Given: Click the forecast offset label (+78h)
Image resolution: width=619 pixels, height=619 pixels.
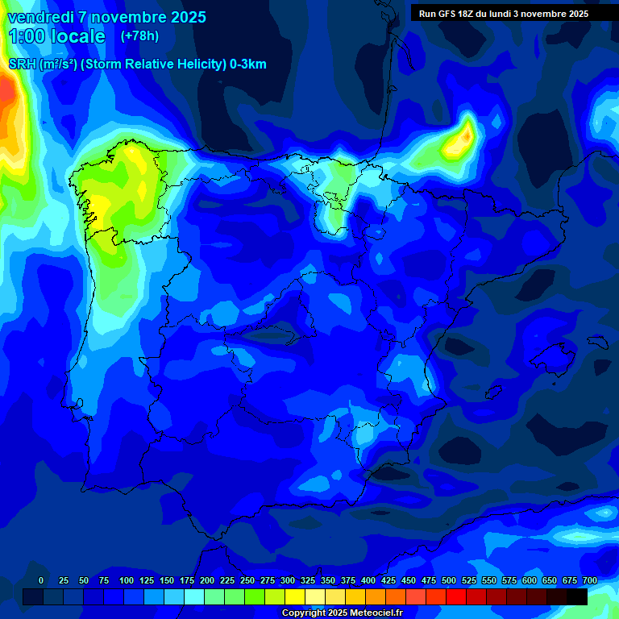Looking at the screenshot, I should pos(139,36).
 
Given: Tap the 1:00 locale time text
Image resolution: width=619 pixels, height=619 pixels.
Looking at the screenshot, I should pos(56,36).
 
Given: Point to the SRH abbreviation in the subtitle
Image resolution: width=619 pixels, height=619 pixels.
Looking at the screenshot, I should pos(21,64).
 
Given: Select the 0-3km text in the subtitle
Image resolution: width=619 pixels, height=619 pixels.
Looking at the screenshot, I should pos(247,64).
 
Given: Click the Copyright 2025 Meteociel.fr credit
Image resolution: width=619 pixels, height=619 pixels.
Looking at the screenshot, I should pos(343,613).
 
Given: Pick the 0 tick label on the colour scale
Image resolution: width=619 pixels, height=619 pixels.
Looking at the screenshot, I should pos(41,580).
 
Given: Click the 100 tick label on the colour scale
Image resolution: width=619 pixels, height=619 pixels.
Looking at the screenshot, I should pos(127,580).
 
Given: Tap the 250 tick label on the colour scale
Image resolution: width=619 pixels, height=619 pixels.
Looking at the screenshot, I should pos(247,580).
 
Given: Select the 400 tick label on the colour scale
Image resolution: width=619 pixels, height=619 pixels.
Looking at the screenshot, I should pos(368,580).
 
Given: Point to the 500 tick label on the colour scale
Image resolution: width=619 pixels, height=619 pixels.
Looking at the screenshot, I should pos(449,580).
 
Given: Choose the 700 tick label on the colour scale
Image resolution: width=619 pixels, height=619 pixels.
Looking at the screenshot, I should pos(590,580).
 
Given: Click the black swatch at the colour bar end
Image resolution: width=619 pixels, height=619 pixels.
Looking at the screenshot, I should pos(577,596).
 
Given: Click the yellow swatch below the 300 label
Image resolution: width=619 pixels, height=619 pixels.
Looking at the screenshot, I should pos(295,596).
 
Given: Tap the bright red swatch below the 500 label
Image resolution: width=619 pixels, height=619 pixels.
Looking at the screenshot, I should pos(456,596).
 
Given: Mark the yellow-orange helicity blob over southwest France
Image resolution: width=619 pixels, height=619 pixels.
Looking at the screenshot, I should pos(459,139).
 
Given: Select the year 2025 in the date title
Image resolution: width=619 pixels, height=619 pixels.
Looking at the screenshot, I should pos(187,17).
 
